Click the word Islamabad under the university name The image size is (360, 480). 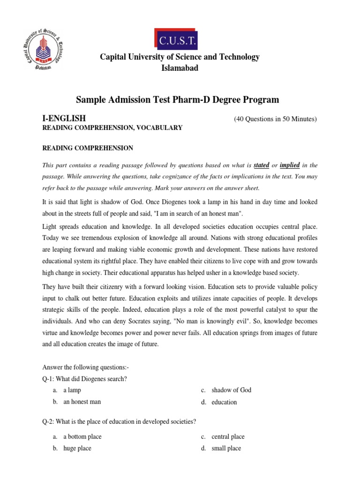[x=180, y=68]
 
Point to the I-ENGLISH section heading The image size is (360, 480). [x=64, y=118]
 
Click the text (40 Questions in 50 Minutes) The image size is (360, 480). [x=275, y=119]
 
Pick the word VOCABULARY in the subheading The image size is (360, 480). [x=160, y=127]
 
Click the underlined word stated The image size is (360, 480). [x=261, y=165]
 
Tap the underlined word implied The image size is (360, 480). [x=290, y=165]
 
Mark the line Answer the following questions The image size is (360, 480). [x=86, y=367]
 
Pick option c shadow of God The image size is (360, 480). [x=231, y=390]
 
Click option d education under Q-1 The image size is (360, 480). [x=224, y=402]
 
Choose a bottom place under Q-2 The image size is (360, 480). [x=82, y=436]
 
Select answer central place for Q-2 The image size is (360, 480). [x=228, y=436]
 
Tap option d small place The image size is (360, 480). [x=226, y=448]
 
